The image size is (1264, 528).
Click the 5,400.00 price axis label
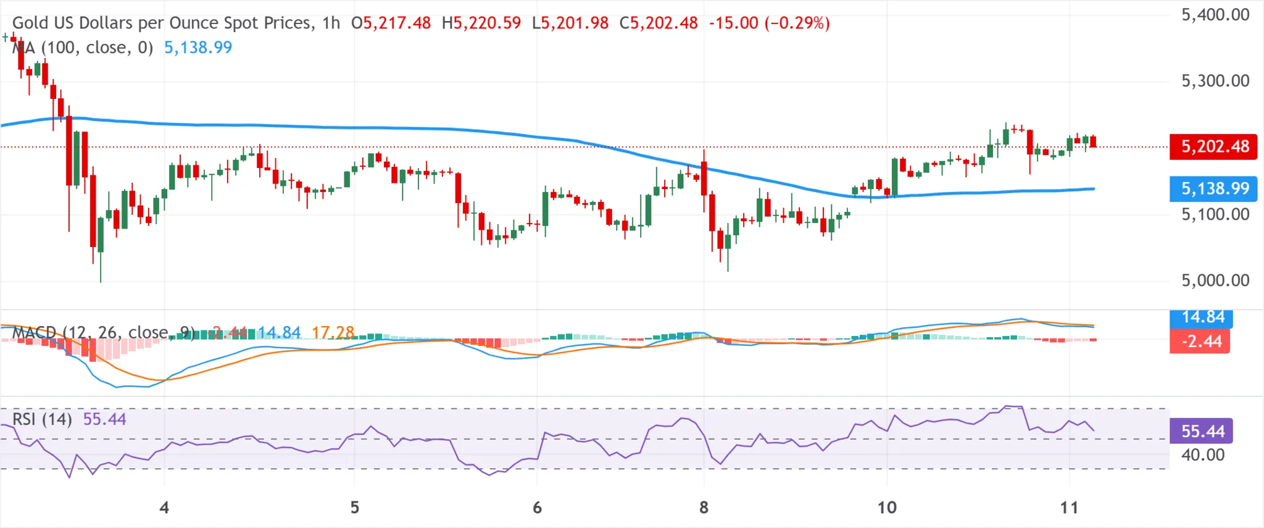point(1215,15)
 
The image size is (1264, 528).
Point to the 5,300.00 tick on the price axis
point(1215,81)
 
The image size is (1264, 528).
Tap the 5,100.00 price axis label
point(1215,214)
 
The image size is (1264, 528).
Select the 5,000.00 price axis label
point(1215,280)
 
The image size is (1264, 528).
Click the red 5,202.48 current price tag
point(1213,147)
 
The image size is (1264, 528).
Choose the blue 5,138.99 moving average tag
point(1213,188)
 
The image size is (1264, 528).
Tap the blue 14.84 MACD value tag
point(1202,317)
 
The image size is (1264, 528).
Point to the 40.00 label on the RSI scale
point(1202,455)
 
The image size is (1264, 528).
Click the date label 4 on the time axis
point(164,508)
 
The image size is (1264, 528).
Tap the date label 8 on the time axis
point(704,508)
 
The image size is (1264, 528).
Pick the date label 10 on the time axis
point(887,508)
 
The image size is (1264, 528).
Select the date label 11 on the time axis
point(1069,508)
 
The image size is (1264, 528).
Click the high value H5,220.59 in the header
point(481,23)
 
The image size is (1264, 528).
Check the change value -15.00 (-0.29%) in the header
point(769,23)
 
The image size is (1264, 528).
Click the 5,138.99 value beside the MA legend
point(198,48)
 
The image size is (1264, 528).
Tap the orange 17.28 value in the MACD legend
point(333,333)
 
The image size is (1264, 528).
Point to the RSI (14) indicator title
point(42,419)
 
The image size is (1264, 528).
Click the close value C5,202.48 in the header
point(659,23)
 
